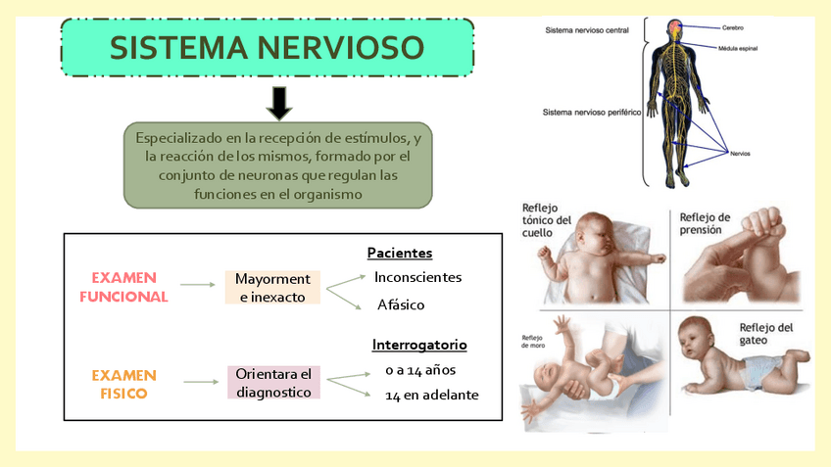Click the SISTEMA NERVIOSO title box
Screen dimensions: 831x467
pos(267,49)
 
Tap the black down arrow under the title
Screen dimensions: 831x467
pos(279,102)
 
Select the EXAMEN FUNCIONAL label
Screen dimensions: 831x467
pos(123,287)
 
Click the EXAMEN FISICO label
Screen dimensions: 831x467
pos(123,384)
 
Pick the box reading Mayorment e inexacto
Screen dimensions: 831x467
pos(272,287)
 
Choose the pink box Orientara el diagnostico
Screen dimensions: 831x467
pos(273,383)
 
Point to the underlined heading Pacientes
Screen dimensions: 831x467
pos(400,253)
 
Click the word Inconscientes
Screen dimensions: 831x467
pos(417,277)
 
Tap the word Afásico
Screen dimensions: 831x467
pos(401,304)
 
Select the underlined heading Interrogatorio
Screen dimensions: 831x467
pos(419,345)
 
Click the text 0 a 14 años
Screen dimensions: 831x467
pos(421,370)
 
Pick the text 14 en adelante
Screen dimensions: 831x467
pos(432,396)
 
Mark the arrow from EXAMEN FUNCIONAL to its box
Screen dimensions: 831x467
pos(198,285)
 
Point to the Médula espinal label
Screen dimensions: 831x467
pos(738,48)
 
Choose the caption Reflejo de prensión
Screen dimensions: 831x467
pos(705,223)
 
